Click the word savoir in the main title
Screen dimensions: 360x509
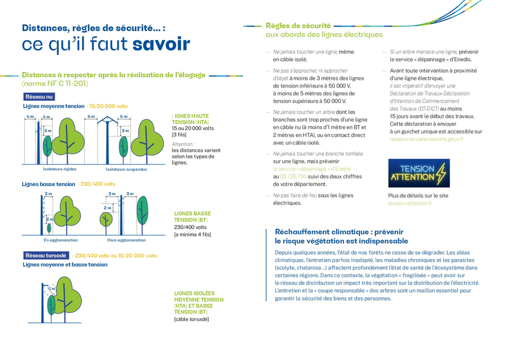161,44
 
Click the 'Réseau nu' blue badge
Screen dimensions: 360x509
39,97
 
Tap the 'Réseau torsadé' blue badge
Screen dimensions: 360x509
46,255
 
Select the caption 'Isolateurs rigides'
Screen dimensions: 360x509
59,169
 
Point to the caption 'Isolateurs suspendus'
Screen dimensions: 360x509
126,169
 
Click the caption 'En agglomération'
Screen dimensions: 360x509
61,240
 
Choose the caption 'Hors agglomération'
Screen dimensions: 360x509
126,240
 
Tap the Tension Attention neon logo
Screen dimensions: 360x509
419,173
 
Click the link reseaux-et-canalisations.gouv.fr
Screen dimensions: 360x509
426,139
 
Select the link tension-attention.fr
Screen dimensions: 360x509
409,203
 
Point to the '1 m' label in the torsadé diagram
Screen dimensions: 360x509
52,289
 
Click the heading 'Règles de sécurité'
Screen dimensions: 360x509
298,25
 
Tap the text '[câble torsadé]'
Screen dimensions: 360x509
191,319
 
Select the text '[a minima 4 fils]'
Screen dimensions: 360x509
192,234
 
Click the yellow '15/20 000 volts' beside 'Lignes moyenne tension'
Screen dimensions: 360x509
108,106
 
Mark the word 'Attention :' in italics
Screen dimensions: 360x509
183,144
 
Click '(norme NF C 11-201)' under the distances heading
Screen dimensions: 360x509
54,83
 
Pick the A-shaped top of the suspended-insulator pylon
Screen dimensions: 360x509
106,120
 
